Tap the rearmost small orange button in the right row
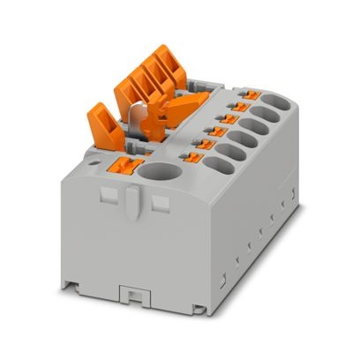pyautogui.click(x=251, y=93)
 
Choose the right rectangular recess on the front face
pyautogui.click(x=161, y=204)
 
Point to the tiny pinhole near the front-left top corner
pyautogui.click(x=93, y=163)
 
